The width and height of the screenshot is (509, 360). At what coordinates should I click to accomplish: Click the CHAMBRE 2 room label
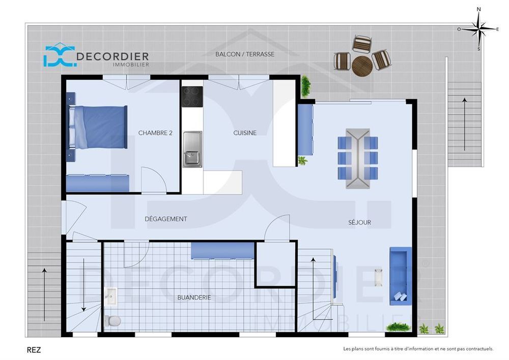(155, 133)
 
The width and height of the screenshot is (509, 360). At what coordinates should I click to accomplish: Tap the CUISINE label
(245, 133)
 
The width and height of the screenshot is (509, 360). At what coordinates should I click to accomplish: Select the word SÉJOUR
(359, 223)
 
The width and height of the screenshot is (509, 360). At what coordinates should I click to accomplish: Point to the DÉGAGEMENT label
(166, 219)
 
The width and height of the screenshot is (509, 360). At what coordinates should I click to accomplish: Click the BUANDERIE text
(194, 297)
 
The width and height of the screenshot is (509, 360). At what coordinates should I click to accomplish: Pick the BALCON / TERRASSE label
(245, 54)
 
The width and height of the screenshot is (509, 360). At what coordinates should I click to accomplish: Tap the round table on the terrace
(362, 65)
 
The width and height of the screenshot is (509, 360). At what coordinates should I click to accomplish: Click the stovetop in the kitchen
(192, 97)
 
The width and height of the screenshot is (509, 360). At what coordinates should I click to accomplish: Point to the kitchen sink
(192, 149)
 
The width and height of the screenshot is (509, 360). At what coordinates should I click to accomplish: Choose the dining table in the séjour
(358, 158)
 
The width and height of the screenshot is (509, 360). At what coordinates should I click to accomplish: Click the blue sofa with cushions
(400, 275)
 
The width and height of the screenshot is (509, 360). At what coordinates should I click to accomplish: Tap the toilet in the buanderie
(113, 320)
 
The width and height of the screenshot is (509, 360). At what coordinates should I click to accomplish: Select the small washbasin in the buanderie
(110, 296)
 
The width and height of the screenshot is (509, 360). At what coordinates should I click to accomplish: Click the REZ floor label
(34, 350)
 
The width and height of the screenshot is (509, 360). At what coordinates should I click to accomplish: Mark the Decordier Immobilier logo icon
(59, 56)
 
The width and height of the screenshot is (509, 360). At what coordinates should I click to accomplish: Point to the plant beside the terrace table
(305, 86)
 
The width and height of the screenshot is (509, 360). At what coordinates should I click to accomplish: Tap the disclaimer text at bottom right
(418, 349)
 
